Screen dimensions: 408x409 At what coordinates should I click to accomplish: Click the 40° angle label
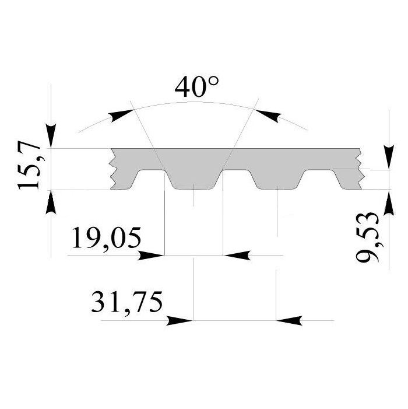[x=196, y=86]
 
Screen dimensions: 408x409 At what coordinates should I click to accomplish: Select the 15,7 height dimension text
[x=29, y=165]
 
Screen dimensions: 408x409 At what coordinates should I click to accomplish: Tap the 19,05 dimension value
[x=106, y=239]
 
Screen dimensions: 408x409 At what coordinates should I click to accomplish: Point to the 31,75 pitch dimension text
[x=126, y=303]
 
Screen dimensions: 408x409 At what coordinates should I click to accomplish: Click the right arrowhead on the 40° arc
[x=268, y=116]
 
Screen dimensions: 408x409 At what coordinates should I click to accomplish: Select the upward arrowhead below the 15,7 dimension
[x=51, y=202]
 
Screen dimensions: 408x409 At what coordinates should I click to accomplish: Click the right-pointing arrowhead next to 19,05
[x=151, y=256]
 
